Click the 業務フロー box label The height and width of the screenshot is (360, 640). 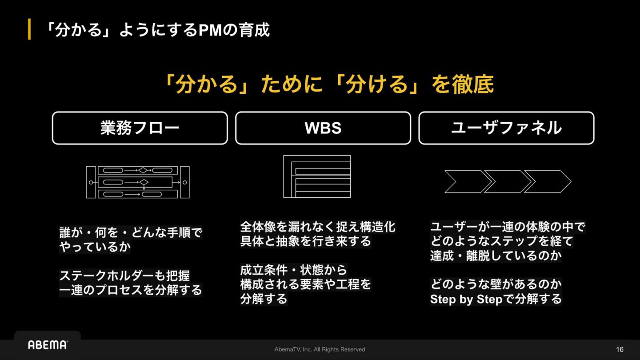(x=140, y=128)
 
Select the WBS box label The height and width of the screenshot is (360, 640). (x=323, y=128)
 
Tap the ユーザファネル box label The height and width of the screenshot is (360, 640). (x=506, y=128)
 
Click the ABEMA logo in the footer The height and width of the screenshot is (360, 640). (x=48, y=345)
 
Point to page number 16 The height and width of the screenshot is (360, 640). (x=620, y=349)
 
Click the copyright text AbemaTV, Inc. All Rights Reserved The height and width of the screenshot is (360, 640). (x=320, y=349)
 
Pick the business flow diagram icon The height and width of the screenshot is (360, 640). (x=138, y=182)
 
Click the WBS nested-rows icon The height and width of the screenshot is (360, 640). (x=317, y=176)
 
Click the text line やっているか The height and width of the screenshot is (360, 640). (x=95, y=247)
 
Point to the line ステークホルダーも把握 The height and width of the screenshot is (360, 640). (x=125, y=276)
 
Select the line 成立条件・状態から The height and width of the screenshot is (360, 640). (x=294, y=270)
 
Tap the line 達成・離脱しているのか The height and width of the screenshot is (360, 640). (x=496, y=256)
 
